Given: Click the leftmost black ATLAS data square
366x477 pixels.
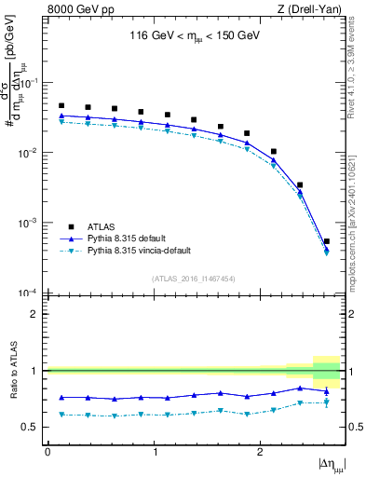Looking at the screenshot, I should pos(61,106).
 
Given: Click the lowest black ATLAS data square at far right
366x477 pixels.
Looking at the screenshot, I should pos(326,241).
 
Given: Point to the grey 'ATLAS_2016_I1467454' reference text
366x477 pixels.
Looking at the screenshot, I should pos(194,279).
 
